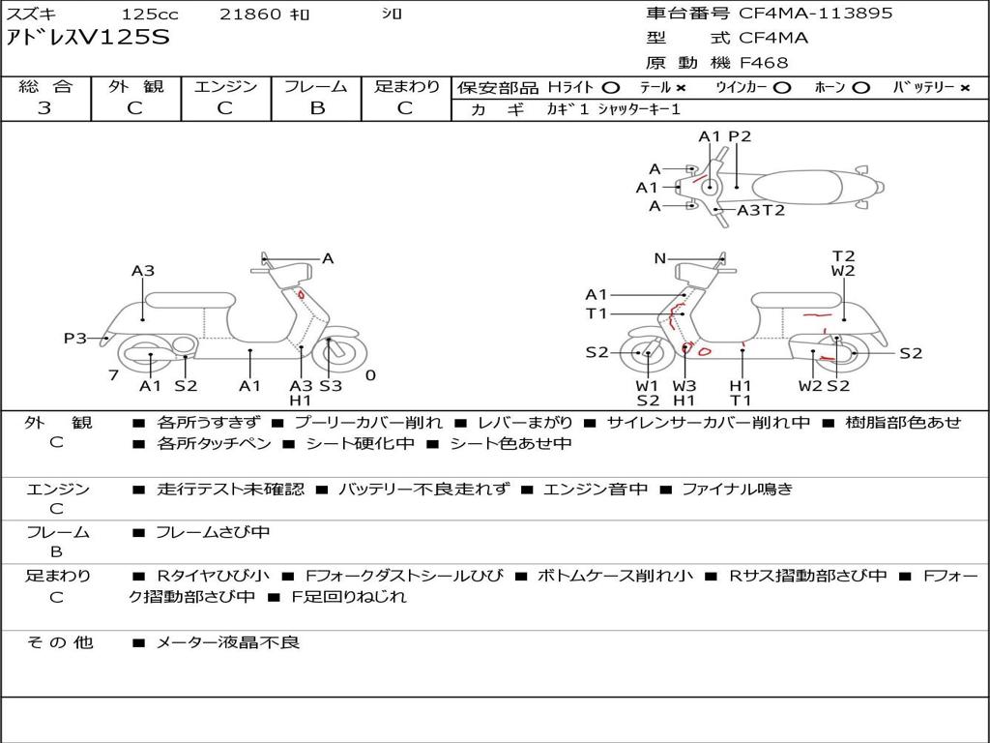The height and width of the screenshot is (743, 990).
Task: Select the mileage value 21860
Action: point(250,15)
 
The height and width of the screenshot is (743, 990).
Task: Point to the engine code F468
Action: point(764,63)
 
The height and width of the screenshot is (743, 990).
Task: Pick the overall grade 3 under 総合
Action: point(44,107)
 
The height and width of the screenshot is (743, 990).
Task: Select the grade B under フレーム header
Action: point(316,107)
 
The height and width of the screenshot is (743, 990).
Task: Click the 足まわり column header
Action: point(407,86)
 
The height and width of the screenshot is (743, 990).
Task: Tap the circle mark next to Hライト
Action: point(611,87)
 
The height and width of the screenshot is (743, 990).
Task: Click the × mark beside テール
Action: point(682,87)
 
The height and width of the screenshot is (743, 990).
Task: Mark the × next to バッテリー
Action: point(964,87)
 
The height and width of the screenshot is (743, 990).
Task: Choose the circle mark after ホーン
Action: point(861,87)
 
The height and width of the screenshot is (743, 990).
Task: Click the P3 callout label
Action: point(75,339)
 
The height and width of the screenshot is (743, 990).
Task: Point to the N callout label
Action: point(660,258)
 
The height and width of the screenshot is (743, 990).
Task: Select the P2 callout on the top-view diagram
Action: point(740,136)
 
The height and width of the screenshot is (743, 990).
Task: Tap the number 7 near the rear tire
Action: point(113,374)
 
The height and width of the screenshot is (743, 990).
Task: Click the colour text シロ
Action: point(392,15)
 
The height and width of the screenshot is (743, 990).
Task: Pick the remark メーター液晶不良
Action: point(228,642)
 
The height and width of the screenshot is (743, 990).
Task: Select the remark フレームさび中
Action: point(213,532)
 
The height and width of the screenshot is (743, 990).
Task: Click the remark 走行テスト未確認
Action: point(230,490)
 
